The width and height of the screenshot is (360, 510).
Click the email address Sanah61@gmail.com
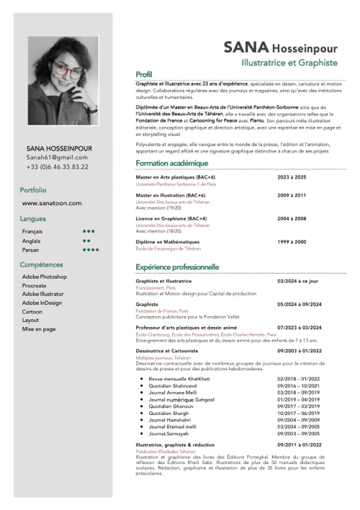tap(57, 157)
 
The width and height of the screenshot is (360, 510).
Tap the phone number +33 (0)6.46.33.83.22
tap(57, 166)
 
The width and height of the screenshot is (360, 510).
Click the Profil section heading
tap(144, 75)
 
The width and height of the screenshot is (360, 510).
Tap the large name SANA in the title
tap(246, 48)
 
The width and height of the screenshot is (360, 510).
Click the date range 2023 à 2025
tap(292, 177)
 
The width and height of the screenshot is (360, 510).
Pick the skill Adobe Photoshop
tap(45, 277)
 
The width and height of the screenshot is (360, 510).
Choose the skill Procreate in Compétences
tap(35, 286)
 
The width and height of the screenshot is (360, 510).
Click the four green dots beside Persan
tap(91, 250)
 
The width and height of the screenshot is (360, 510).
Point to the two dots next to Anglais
tap(87, 241)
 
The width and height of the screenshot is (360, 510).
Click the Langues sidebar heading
tap(33, 218)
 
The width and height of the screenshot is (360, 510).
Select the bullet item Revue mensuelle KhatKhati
tap(179, 378)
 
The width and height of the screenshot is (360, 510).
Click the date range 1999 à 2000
tap(292, 242)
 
